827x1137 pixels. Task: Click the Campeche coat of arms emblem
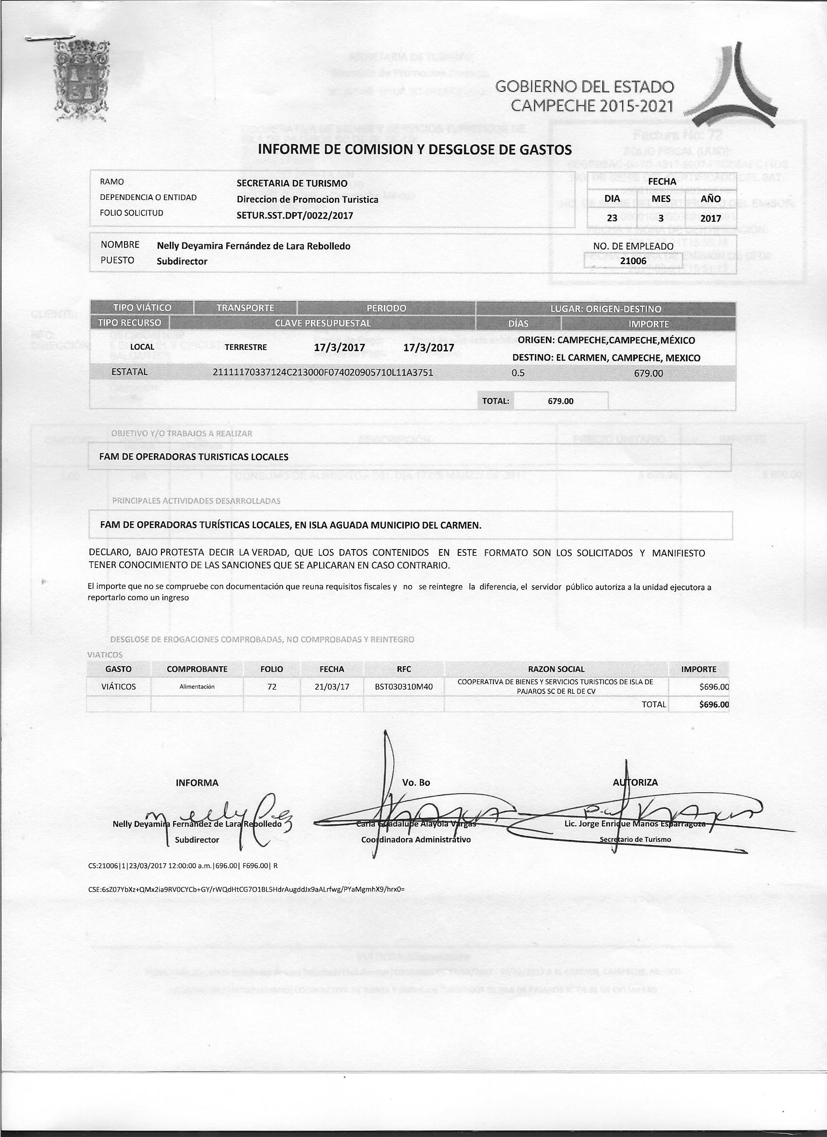[x=80, y=81]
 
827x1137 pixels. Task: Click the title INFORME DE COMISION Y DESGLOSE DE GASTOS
[x=414, y=149]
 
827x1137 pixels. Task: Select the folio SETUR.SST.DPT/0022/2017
[x=294, y=215]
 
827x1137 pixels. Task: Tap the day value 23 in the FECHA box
[x=612, y=218]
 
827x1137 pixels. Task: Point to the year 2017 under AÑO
[x=711, y=218]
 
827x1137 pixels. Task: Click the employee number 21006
[x=633, y=261]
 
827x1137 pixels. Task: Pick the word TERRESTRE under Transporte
[x=246, y=347]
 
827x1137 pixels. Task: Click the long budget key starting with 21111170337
[x=323, y=373]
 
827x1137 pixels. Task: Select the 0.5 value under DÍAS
[x=518, y=373]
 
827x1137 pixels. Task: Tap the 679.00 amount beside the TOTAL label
[x=560, y=401]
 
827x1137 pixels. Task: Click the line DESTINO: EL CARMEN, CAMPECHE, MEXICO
[x=606, y=358]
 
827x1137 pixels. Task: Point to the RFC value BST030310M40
[x=403, y=686]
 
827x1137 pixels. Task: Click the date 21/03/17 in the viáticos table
[x=331, y=686]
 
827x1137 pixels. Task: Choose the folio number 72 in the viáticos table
[x=272, y=686]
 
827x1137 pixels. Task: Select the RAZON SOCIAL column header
[x=556, y=669]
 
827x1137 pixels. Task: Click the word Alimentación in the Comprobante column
[x=197, y=686]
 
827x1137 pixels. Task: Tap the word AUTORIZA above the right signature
[x=635, y=782]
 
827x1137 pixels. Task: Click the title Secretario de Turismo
[x=635, y=839]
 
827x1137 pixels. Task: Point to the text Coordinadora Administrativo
[x=416, y=839]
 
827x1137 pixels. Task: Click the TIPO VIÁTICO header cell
[x=142, y=308]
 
